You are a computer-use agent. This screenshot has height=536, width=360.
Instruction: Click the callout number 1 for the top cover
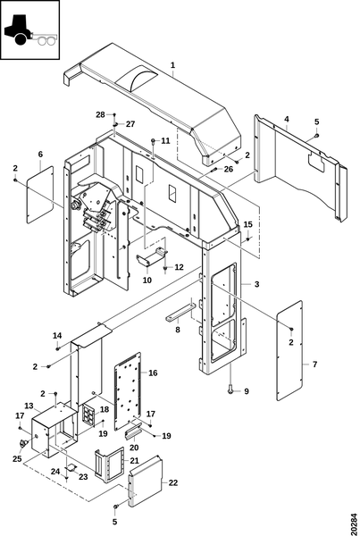pos(173,65)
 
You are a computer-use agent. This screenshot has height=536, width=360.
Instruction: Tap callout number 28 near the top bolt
pos(100,114)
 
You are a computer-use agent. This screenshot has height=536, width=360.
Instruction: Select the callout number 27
pos(130,124)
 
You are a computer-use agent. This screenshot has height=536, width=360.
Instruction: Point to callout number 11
pos(165,141)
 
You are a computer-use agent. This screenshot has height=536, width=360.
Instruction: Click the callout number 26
pos(229,169)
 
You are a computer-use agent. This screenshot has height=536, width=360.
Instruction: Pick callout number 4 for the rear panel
pos(287,119)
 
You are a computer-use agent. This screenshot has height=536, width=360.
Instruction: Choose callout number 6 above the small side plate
pos(40,155)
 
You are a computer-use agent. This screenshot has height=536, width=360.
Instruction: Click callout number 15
pos(247,224)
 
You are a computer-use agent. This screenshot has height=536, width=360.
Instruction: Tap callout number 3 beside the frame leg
pos(256,284)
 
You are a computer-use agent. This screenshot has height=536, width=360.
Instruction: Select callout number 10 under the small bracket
pos(147,281)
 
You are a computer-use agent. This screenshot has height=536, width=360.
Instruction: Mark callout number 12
pos(180,267)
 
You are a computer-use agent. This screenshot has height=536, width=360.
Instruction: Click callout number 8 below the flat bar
pos(178,330)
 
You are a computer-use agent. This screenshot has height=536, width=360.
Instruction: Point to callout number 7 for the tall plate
pos(314,364)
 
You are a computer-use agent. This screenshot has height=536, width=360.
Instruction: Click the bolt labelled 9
pos(231,389)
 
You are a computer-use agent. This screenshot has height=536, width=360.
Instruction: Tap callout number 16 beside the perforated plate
pos(153,373)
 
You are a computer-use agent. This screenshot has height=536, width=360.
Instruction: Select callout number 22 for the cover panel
pos(173,482)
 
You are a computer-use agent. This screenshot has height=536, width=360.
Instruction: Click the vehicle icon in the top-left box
pos(30,30)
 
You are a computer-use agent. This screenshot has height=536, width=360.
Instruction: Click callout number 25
pos(17,459)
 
